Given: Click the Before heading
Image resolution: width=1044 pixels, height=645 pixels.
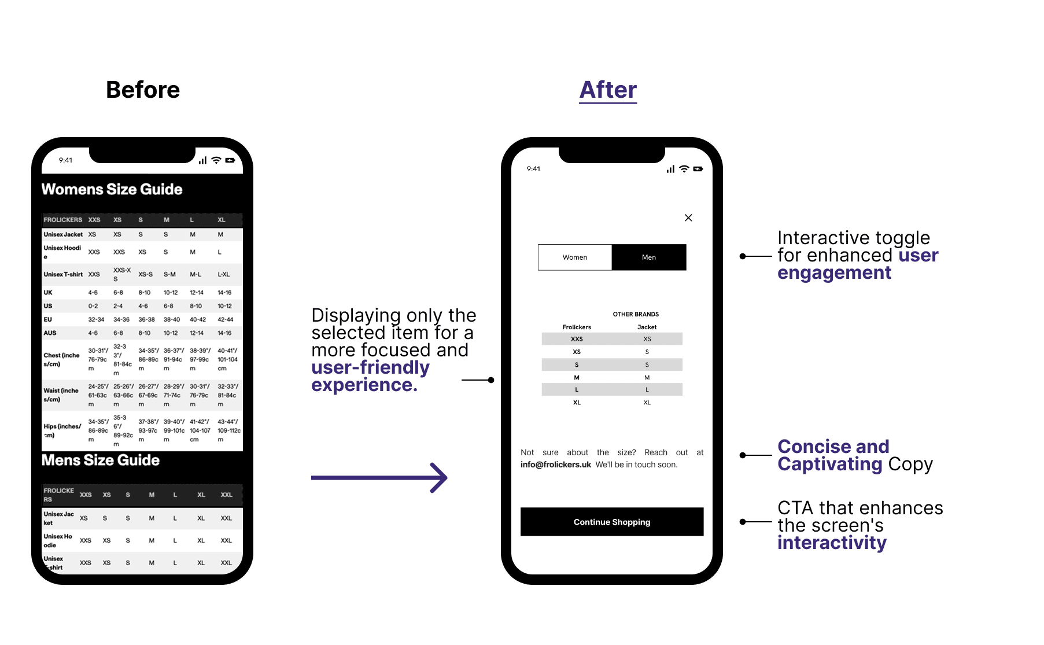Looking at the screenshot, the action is point(143,90).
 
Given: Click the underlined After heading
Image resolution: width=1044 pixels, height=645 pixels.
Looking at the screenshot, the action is point(608,90).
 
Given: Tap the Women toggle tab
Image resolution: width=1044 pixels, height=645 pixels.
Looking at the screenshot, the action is point(574,257).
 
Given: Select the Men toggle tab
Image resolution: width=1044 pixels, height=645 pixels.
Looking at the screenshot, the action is point(649,257).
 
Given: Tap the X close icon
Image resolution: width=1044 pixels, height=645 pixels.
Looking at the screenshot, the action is point(688,218).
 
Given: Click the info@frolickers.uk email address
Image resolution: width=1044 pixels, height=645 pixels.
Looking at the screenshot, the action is point(555,465).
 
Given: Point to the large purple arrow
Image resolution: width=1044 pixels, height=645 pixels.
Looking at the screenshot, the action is point(379,477).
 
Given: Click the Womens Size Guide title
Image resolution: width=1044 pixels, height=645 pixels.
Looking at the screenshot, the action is point(112,190).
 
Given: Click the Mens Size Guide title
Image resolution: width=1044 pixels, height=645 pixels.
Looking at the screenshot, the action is point(101,460).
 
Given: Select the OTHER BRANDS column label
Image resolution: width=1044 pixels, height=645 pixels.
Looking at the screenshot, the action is point(636,314).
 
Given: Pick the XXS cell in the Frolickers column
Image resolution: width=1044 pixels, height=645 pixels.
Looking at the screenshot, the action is point(577,339).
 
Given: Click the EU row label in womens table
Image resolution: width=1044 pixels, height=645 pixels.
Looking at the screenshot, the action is point(48,319).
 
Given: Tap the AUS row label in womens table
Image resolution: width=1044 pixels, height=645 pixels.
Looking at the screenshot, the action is point(50,333).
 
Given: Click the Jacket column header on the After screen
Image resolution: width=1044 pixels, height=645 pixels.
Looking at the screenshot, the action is point(647,327).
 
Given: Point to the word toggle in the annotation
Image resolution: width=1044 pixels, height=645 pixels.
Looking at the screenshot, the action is point(902,238).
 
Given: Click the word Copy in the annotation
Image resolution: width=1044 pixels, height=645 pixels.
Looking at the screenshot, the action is point(910,465).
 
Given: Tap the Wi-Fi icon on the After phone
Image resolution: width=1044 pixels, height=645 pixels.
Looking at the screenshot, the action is point(684,169).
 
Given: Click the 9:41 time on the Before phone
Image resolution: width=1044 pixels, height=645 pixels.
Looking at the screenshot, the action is point(65,160).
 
